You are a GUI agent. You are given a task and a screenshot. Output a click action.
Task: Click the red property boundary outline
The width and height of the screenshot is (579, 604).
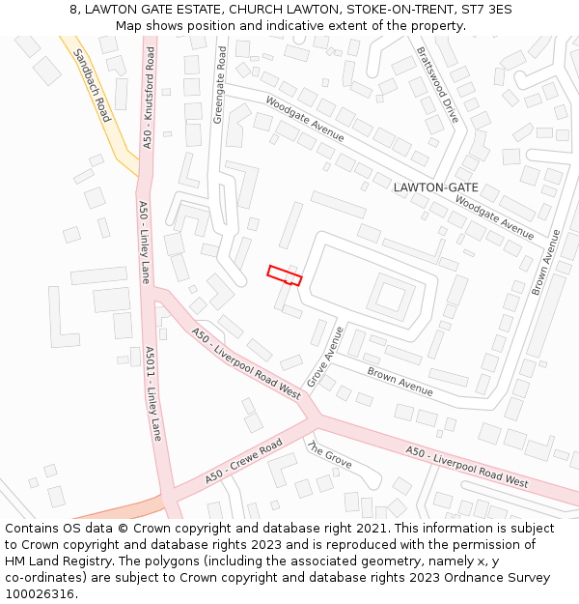[285, 275]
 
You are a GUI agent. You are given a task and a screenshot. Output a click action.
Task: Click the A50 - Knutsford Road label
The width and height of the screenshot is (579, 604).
[149, 98]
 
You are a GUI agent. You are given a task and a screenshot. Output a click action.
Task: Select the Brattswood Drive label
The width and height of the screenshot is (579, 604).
[438, 85]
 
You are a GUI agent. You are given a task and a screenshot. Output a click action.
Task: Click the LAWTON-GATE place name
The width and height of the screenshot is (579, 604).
[436, 187]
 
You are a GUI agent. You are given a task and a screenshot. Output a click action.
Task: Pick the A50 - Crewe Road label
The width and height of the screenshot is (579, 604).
[243, 462]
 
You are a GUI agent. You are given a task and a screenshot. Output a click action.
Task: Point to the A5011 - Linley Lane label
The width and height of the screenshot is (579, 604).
[152, 393]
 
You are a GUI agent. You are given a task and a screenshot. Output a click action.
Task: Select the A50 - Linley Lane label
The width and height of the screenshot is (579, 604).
[145, 242]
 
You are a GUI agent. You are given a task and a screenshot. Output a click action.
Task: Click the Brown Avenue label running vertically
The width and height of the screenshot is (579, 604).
[545, 262]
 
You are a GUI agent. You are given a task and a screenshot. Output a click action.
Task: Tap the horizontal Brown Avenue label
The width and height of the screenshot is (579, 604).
[400, 381]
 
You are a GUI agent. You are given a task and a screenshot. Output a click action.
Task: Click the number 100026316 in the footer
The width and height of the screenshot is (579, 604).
[41, 594]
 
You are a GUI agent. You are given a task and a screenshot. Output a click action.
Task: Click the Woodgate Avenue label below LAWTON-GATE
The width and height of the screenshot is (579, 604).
[494, 217]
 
